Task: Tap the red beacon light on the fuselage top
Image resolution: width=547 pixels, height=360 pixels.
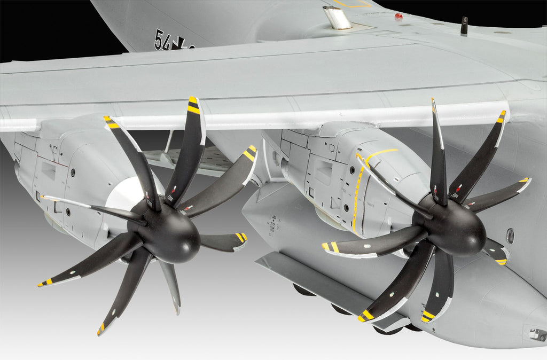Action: click(x=398, y=16)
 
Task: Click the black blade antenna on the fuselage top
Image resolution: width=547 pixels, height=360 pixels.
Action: click(x=464, y=25)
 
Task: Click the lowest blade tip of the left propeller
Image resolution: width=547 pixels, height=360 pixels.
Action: click(x=101, y=329)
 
